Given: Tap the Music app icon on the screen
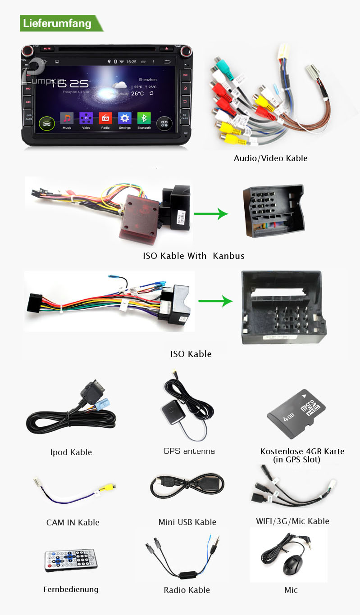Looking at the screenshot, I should click(x=67, y=119).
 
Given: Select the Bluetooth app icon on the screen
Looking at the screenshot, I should click(x=144, y=119).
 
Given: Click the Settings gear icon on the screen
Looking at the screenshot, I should click(x=125, y=119).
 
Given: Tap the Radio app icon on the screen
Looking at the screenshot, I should click(x=105, y=119).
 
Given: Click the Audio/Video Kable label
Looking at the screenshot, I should click(x=270, y=158).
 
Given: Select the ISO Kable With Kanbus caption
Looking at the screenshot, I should click(x=194, y=256).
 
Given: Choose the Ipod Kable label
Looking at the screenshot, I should click(x=71, y=452).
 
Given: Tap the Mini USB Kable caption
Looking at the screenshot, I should click(x=187, y=522).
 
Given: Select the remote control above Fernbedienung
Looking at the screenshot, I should click(x=70, y=561).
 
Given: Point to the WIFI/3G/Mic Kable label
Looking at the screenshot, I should click(x=292, y=521).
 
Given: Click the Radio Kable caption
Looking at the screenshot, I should click(x=187, y=590).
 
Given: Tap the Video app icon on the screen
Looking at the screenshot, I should click(x=86, y=119).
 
